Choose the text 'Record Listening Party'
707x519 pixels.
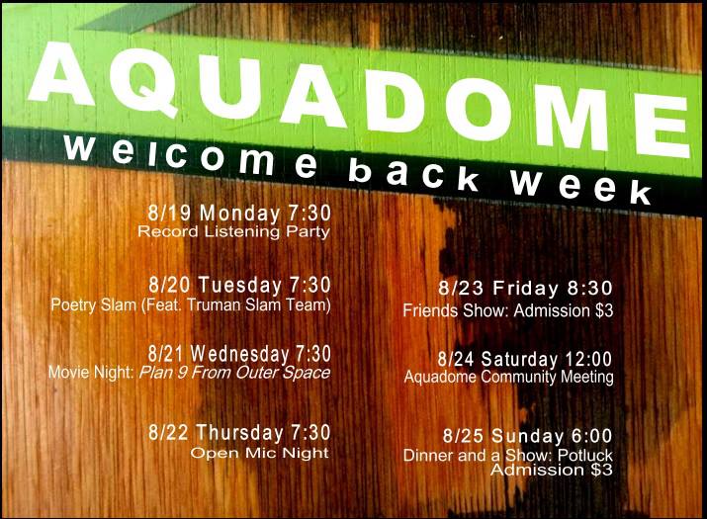[x=233, y=232]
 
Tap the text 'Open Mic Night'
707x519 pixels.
[x=259, y=453]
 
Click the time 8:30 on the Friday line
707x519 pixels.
[x=589, y=289]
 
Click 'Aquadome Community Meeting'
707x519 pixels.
[x=508, y=377]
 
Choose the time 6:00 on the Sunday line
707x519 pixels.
[x=591, y=436]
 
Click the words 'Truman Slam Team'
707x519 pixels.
[x=266, y=305]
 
